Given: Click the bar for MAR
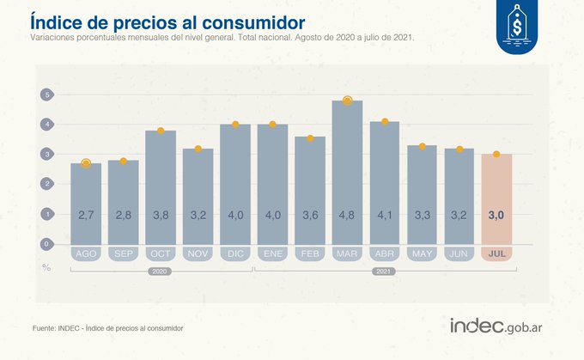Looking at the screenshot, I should [x=348, y=172].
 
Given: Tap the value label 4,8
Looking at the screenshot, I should [x=348, y=214].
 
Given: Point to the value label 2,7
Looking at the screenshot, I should [x=86, y=214].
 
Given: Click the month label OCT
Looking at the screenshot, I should [x=161, y=254].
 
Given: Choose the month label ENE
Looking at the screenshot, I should [x=273, y=254].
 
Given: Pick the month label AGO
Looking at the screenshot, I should [x=86, y=254].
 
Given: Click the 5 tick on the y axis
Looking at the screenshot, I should [x=48, y=95].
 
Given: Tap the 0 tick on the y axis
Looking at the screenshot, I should [x=48, y=243].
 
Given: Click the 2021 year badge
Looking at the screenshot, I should [x=385, y=272].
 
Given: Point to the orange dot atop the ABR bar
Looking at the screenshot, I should [x=385, y=122].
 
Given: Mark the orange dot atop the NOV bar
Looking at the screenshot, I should [x=198, y=149].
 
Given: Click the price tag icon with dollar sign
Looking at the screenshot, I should [x=517, y=27].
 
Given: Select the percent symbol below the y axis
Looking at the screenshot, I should [x=46, y=266].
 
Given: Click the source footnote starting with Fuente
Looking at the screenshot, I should [x=107, y=327].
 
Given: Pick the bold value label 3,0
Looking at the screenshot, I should [x=496, y=214].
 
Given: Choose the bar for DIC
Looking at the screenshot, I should [x=235, y=185].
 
